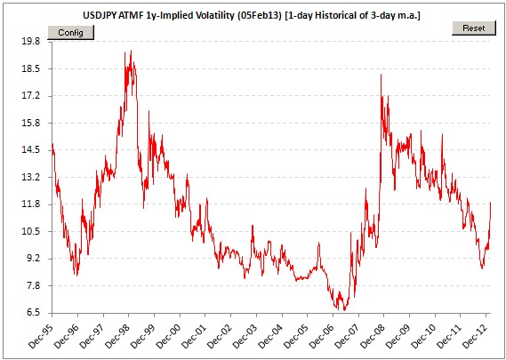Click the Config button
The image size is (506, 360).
(70, 33)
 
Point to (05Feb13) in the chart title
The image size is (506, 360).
(255, 16)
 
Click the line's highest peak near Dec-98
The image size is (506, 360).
(131, 51)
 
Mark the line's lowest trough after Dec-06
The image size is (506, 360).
(344, 310)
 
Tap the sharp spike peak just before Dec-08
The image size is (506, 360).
(382, 75)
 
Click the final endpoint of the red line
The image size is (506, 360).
(491, 203)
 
